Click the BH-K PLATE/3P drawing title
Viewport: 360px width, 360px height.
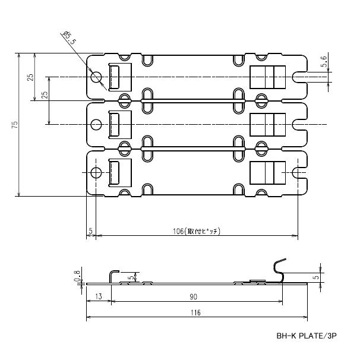coord(306,336)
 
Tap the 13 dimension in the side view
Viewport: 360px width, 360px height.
coord(98,296)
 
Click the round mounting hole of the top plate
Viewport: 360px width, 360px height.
coord(97,77)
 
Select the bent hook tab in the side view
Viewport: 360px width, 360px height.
coord(112,276)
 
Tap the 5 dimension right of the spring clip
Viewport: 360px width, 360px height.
coord(316,276)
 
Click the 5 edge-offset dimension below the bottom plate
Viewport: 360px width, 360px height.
coord(90,230)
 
